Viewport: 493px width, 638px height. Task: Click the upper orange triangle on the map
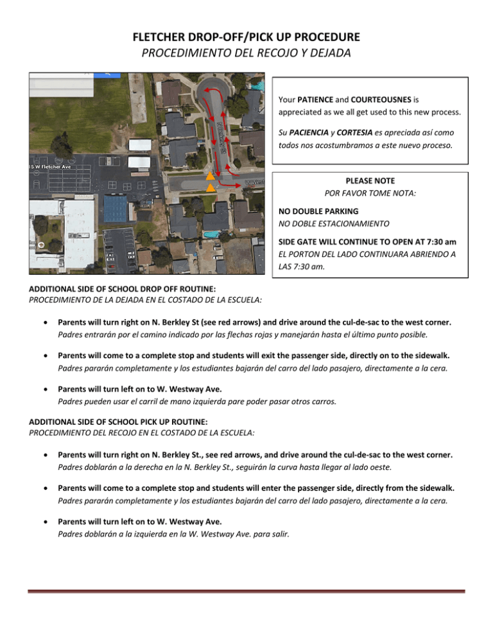[210, 176]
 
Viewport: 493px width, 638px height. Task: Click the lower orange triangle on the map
[211, 188]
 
